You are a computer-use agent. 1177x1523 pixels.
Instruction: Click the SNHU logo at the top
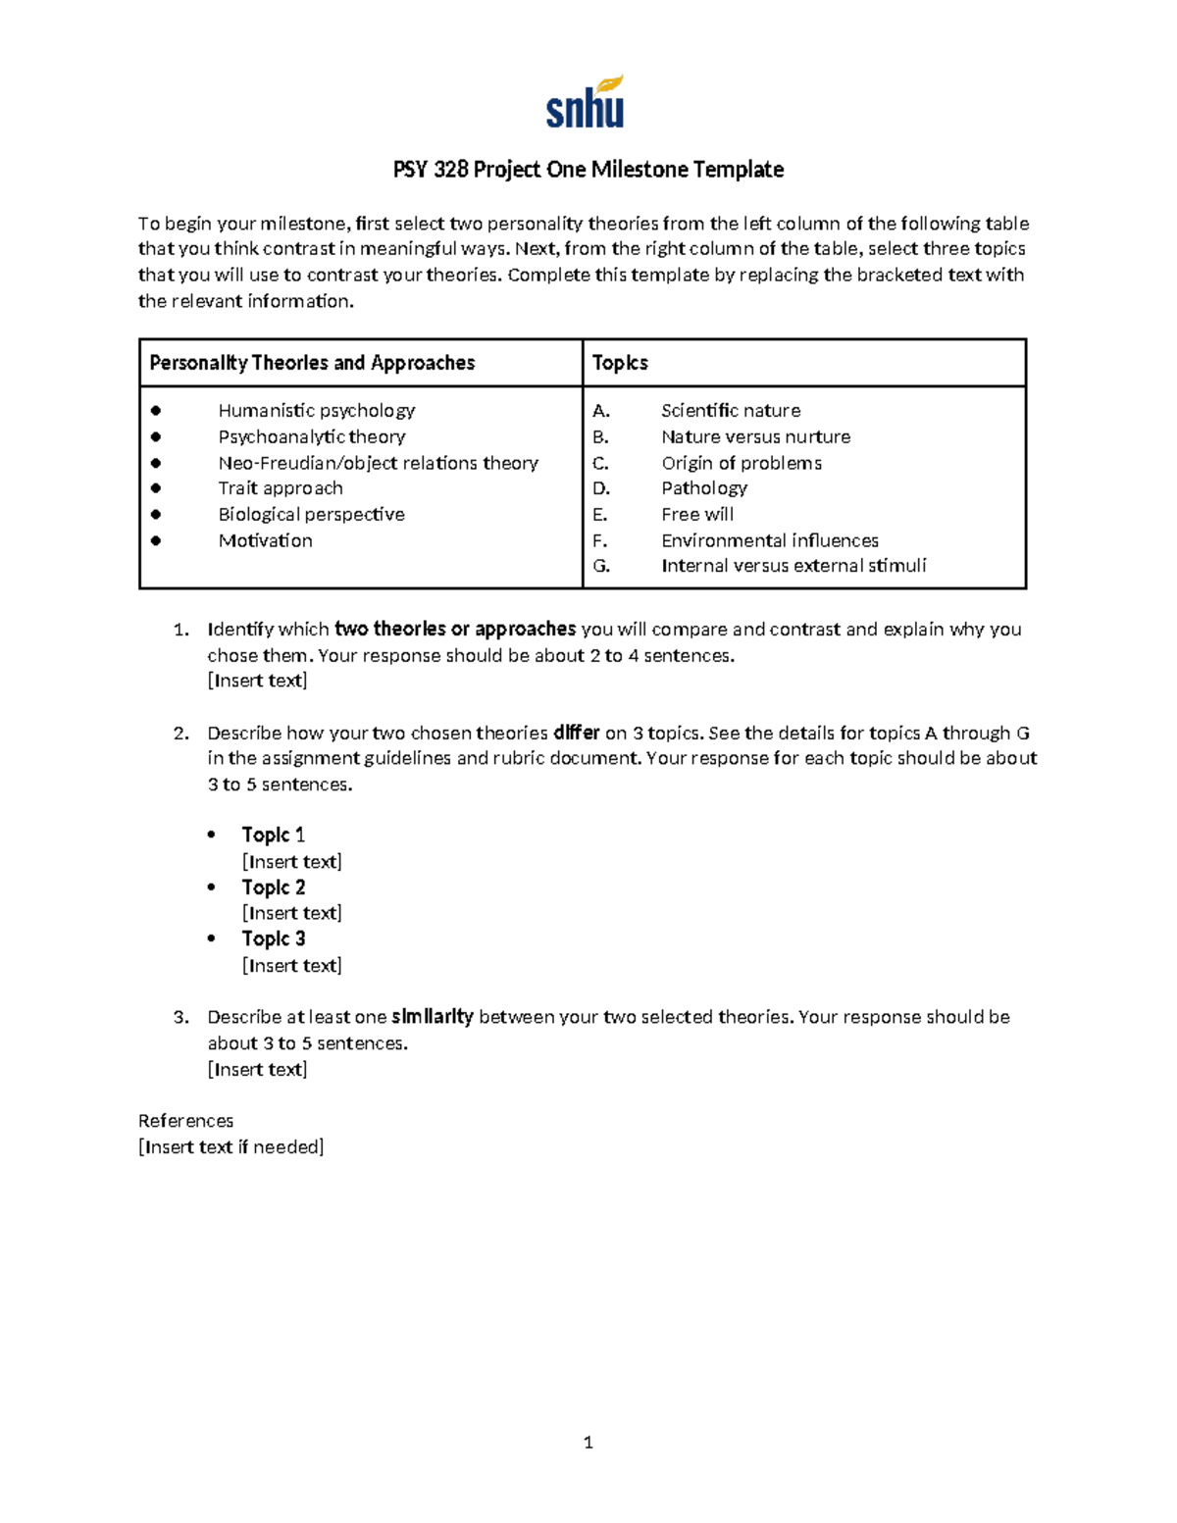point(586,103)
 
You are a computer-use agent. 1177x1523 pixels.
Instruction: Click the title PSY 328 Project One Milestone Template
point(588,170)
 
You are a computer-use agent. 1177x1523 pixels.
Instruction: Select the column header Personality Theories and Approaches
point(312,363)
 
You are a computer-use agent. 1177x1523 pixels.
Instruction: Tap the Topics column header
point(620,363)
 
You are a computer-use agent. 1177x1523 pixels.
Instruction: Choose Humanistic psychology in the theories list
point(316,410)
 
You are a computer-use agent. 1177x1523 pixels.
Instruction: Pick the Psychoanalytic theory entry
point(311,436)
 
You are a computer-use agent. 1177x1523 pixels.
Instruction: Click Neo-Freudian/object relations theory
point(378,463)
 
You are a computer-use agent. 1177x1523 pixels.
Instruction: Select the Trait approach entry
point(281,488)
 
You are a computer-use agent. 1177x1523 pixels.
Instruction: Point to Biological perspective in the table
point(311,514)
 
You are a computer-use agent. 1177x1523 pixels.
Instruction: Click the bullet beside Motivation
point(156,540)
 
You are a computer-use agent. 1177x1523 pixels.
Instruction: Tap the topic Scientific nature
point(731,410)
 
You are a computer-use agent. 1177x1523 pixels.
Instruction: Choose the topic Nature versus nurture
point(755,436)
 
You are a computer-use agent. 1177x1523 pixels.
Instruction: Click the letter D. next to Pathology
point(601,488)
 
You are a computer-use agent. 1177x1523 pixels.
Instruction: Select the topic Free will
point(696,514)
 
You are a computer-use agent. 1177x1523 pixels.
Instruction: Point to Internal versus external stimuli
point(793,566)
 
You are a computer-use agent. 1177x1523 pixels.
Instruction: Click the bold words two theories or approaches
point(455,629)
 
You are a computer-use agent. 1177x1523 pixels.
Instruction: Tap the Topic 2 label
point(274,888)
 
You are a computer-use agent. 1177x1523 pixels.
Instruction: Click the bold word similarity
point(432,1017)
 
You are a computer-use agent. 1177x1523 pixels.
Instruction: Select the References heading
point(185,1121)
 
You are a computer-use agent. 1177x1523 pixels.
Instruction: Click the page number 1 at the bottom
point(588,1442)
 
